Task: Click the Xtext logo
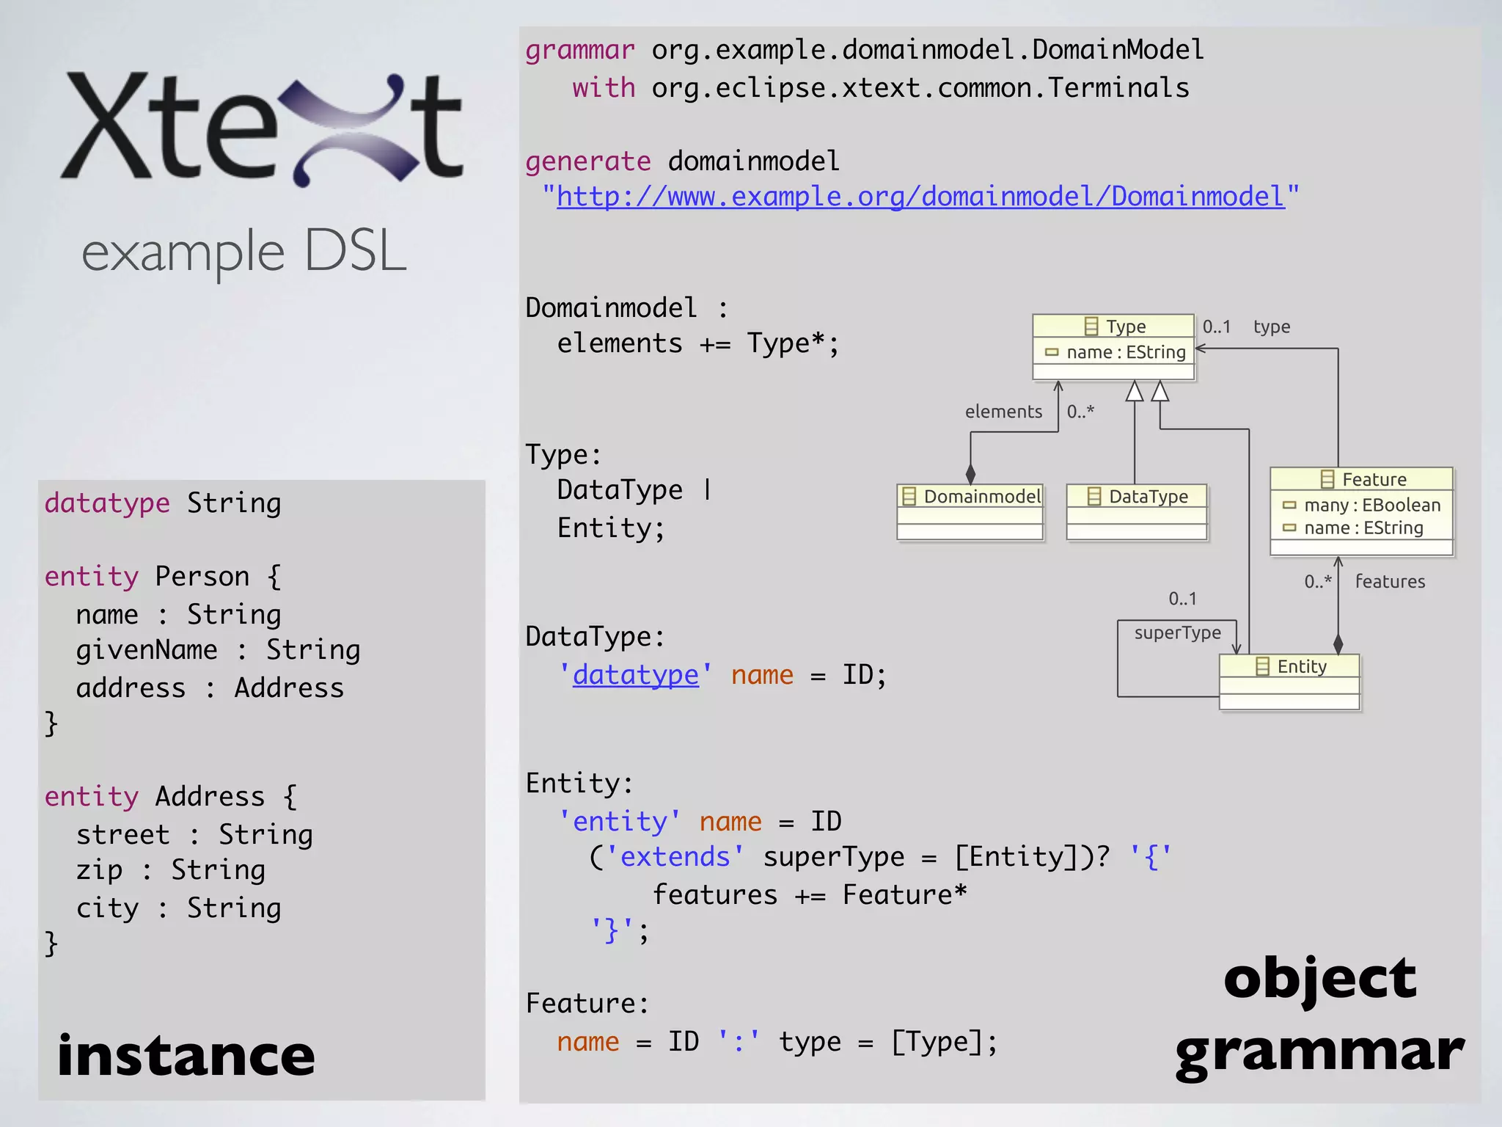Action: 262,128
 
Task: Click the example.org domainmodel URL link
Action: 920,197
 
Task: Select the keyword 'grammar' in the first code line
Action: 579,50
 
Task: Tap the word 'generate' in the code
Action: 587,161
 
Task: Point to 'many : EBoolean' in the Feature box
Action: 1371,505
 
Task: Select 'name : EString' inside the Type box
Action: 1125,352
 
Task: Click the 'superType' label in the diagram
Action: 1177,632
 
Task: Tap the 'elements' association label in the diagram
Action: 1003,412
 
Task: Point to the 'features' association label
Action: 1390,581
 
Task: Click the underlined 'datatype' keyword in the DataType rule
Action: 635,674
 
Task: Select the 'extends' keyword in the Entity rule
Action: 675,856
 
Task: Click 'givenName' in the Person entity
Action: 147,650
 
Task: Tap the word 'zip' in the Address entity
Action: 99,870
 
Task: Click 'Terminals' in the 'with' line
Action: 1118,88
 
